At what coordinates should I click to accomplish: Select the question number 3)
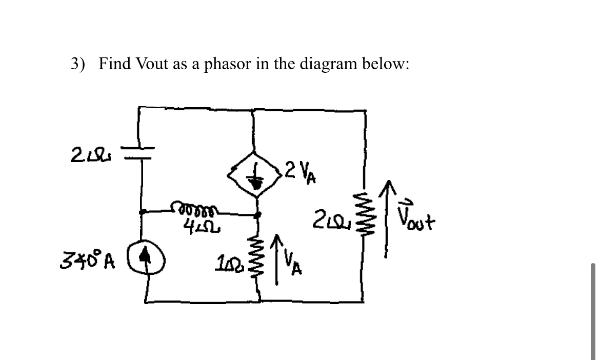tap(79, 65)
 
